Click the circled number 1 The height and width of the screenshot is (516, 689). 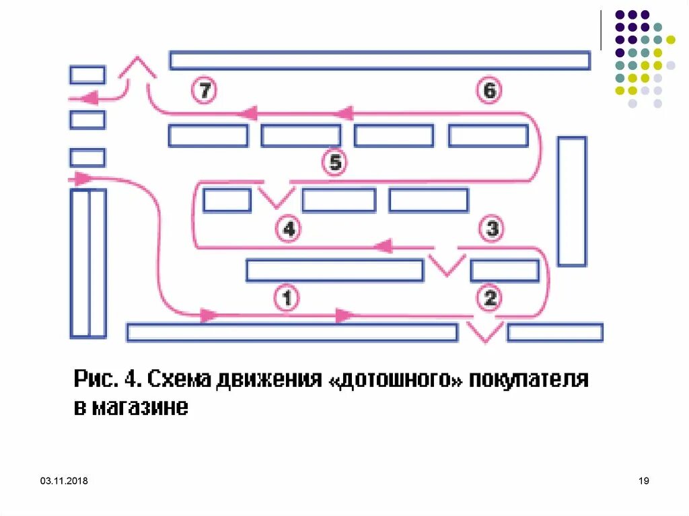pyautogui.click(x=287, y=297)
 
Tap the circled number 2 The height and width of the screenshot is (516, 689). pyautogui.click(x=490, y=297)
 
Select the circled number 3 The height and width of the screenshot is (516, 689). pyautogui.click(x=492, y=229)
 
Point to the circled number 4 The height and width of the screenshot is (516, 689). pyautogui.click(x=289, y=229)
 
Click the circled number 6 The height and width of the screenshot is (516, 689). pyautogui.click(x=489, y=90)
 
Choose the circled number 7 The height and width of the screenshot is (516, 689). pyautogui.click(x=203, y=91)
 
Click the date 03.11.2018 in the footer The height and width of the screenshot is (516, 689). pyautogui.click(x=64, y=481)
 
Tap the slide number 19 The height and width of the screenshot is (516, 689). pyautogui.click(x=643, y=481)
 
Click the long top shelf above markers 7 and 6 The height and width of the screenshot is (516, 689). pyautogui.click(x=379, y=61)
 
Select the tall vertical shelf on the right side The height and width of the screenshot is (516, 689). pyautogui.click(x=571, y=201)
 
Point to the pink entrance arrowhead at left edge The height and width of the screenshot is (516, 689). pyautogui.click(x=83, y=179)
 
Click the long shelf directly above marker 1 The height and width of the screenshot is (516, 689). pyautogui.click(x=334, y=270)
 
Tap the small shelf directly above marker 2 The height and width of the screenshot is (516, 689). pyautogui.click(x=504, y=270)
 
